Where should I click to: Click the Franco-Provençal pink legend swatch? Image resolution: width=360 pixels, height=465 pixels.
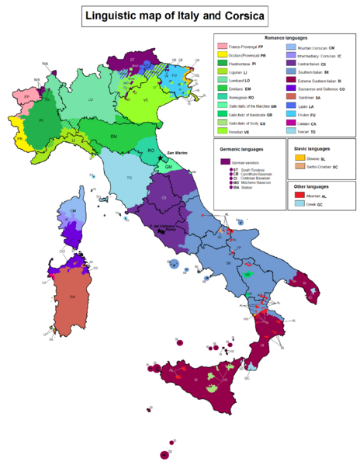click(x=222, y=47)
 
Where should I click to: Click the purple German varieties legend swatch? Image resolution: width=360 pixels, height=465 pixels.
click(x=223, y=161)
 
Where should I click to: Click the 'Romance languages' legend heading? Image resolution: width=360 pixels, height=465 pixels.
click(x=285, y=36)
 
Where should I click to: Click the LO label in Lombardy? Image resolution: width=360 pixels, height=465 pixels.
click(x=91, y=99)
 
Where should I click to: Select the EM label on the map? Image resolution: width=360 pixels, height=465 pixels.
click(x=113, y=137)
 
